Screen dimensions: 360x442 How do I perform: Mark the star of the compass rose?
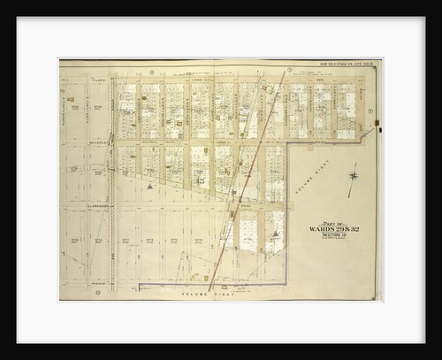[353, 180]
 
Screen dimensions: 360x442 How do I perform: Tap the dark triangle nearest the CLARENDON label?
[150, 188]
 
